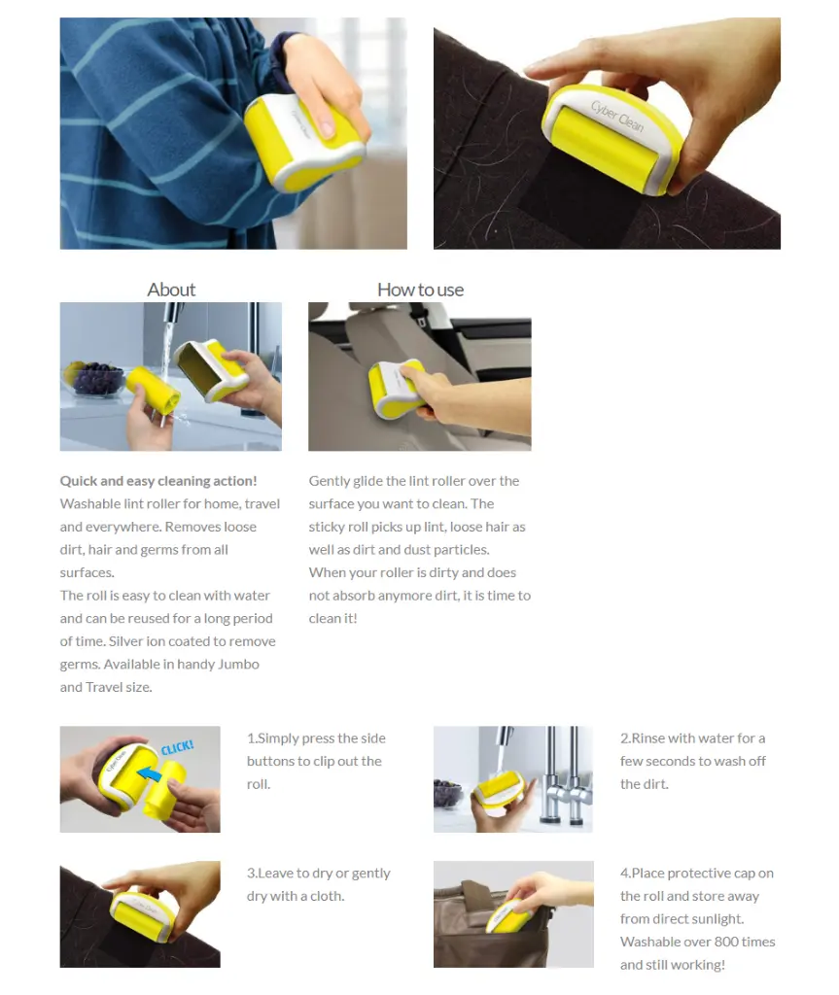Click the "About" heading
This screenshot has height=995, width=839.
pos(171,290)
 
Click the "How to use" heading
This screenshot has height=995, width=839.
pos(420,290)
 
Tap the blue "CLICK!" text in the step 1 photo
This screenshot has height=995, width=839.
pos(177,747)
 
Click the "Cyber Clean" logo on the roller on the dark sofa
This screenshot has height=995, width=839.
pos(617,117)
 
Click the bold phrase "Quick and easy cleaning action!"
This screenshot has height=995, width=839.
pos(158,481)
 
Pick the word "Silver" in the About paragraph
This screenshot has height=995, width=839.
pos(125,641)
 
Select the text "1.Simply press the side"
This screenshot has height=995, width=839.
pos(316,738)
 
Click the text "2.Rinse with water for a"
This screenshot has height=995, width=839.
pos(693,738)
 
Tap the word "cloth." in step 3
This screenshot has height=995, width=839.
pos(327,896)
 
